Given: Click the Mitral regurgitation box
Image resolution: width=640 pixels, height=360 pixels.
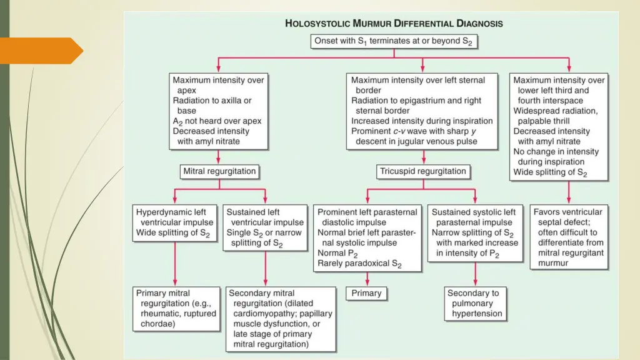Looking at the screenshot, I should pos(219,171).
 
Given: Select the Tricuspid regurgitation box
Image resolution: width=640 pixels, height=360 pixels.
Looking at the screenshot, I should pos(423,171).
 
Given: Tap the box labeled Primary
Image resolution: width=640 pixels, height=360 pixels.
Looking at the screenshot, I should pos(366,292).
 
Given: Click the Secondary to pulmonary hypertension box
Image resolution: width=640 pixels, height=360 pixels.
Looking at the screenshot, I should pos(475,303).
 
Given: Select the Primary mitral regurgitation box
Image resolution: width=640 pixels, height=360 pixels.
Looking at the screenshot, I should pos(176,308).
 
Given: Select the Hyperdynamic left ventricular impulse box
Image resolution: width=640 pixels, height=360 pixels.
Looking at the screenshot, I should pos(175,222).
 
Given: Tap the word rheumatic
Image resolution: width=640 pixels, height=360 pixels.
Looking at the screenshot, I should pos(158,313).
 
